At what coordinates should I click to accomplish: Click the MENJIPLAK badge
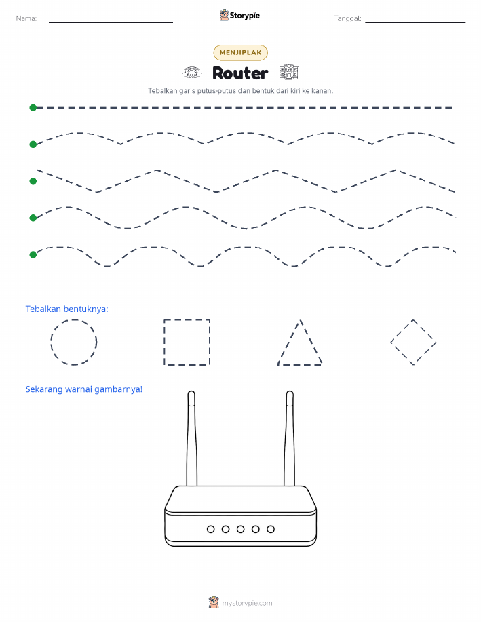pyautogui.click(x=240, y=52)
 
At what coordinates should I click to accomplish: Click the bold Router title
pyautogui.click(x=240, y=73)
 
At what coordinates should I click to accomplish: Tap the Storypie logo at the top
pyautogui.click(x=239, y=16)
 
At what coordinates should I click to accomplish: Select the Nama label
pyautogui.click(x=26, y=18)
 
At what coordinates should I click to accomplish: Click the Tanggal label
pyautogui.click(x=347, y=18)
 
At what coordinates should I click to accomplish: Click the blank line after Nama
pyautogui.click(x=111, y=22)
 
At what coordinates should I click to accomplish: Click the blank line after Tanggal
pyautogui.click(x=415, y=22)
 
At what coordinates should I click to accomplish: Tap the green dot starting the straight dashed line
pyautogui.click(x=33, y=107)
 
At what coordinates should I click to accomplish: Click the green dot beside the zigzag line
pyautogui.click(x=33, y=181)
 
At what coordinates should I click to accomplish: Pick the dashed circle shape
pyautogui.click(x=74, y=319)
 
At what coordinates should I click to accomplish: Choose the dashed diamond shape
pyautogui.click(x=402, y=331)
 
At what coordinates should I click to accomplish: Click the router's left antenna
pyautogui.click(x=191, y=438)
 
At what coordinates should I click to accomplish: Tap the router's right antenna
pyautogui.click(x=289, y=438)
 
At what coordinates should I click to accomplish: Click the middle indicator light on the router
pyautogui.click(x=240, y=529)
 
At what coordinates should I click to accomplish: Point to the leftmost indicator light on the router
pyautogui.click(x=211, y=529)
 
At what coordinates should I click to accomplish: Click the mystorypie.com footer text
pyautogui.click(x=247, y=603)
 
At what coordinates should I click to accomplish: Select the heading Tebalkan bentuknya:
pyautogui.click(x=66, y=309)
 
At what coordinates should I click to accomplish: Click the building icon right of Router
pyautogui.click(x=288, y=73)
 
